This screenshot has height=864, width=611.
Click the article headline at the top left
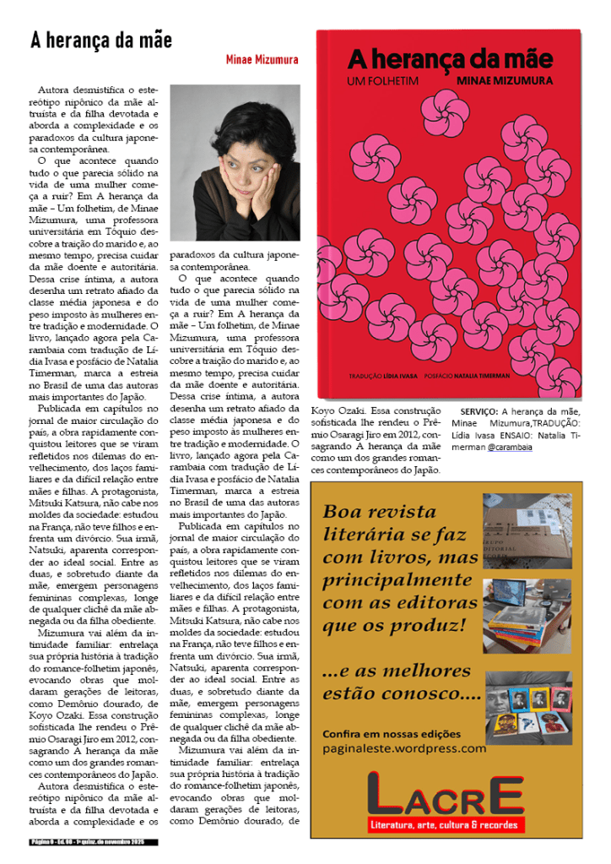pyautogui.click(x=101, y=40)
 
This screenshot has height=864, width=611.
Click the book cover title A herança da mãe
pyautogui.click(x=451, y=59)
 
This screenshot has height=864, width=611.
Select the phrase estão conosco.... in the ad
pyautogui.click(x=402, y=696)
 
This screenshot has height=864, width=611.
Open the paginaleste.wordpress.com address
pyautogui.click(x=404, y=747)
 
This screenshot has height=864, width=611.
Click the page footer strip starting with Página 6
pyautogui.click(x=93, y=842)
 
